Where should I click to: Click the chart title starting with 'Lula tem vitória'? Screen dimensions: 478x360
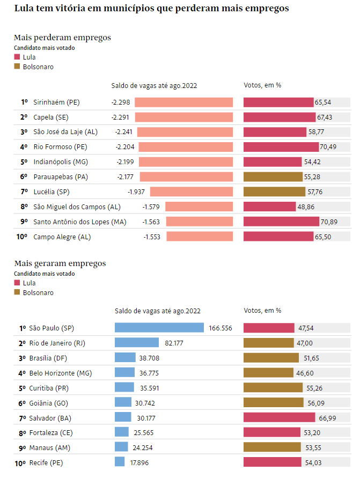pos(151,9)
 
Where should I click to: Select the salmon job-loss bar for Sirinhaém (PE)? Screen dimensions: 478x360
pos(183,102)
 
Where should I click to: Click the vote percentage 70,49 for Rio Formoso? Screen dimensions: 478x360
pos(330,146)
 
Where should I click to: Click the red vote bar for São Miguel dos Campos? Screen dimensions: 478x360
pos(269,207)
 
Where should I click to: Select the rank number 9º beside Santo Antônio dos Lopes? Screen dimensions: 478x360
pos(24,222)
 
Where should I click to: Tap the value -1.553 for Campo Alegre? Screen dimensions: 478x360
pos(152,237)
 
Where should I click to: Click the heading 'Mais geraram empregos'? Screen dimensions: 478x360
pos(60,263)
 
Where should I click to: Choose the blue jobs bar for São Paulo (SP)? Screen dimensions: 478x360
pos(159,328)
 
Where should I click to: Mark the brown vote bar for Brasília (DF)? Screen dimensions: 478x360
pos(271,358)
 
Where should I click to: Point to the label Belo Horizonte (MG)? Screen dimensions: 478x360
pos(60,373)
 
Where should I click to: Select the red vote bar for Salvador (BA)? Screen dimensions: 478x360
pos(279,417)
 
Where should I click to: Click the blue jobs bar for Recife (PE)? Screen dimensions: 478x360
pos(120,462)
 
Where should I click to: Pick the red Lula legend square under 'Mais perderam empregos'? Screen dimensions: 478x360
pos(17,57)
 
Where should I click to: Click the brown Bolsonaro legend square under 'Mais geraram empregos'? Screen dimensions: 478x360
pos(17,292)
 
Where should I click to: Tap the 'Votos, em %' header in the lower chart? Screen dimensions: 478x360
pos(262,311)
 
